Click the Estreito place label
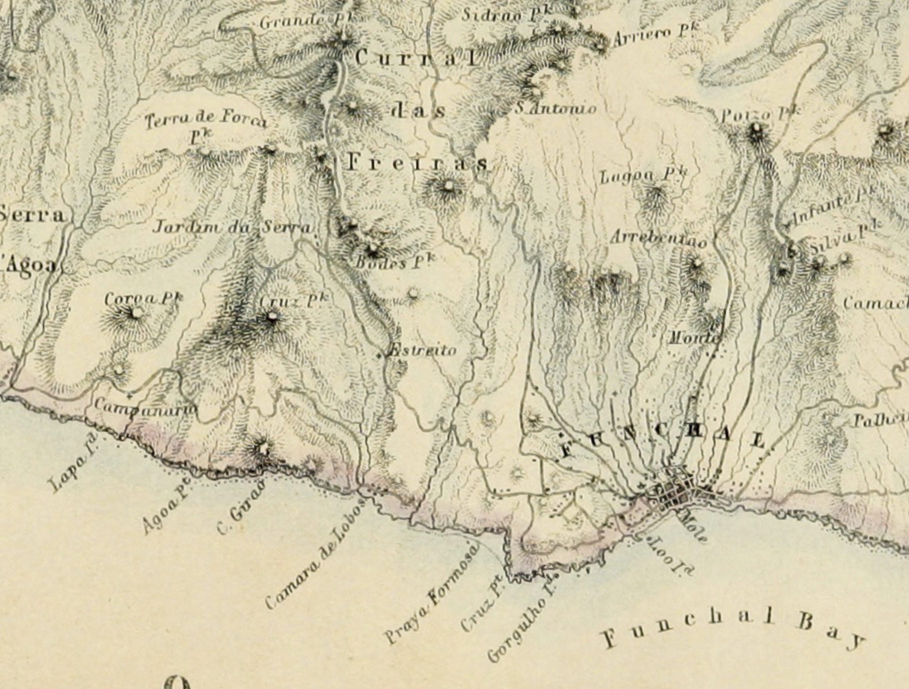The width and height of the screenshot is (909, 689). (x=422, y=351)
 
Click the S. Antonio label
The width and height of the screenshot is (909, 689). (x=556, y=109)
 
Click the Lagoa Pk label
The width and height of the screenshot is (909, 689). (x=643, y=176)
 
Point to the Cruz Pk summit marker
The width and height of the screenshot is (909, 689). (x=271, y=316)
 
